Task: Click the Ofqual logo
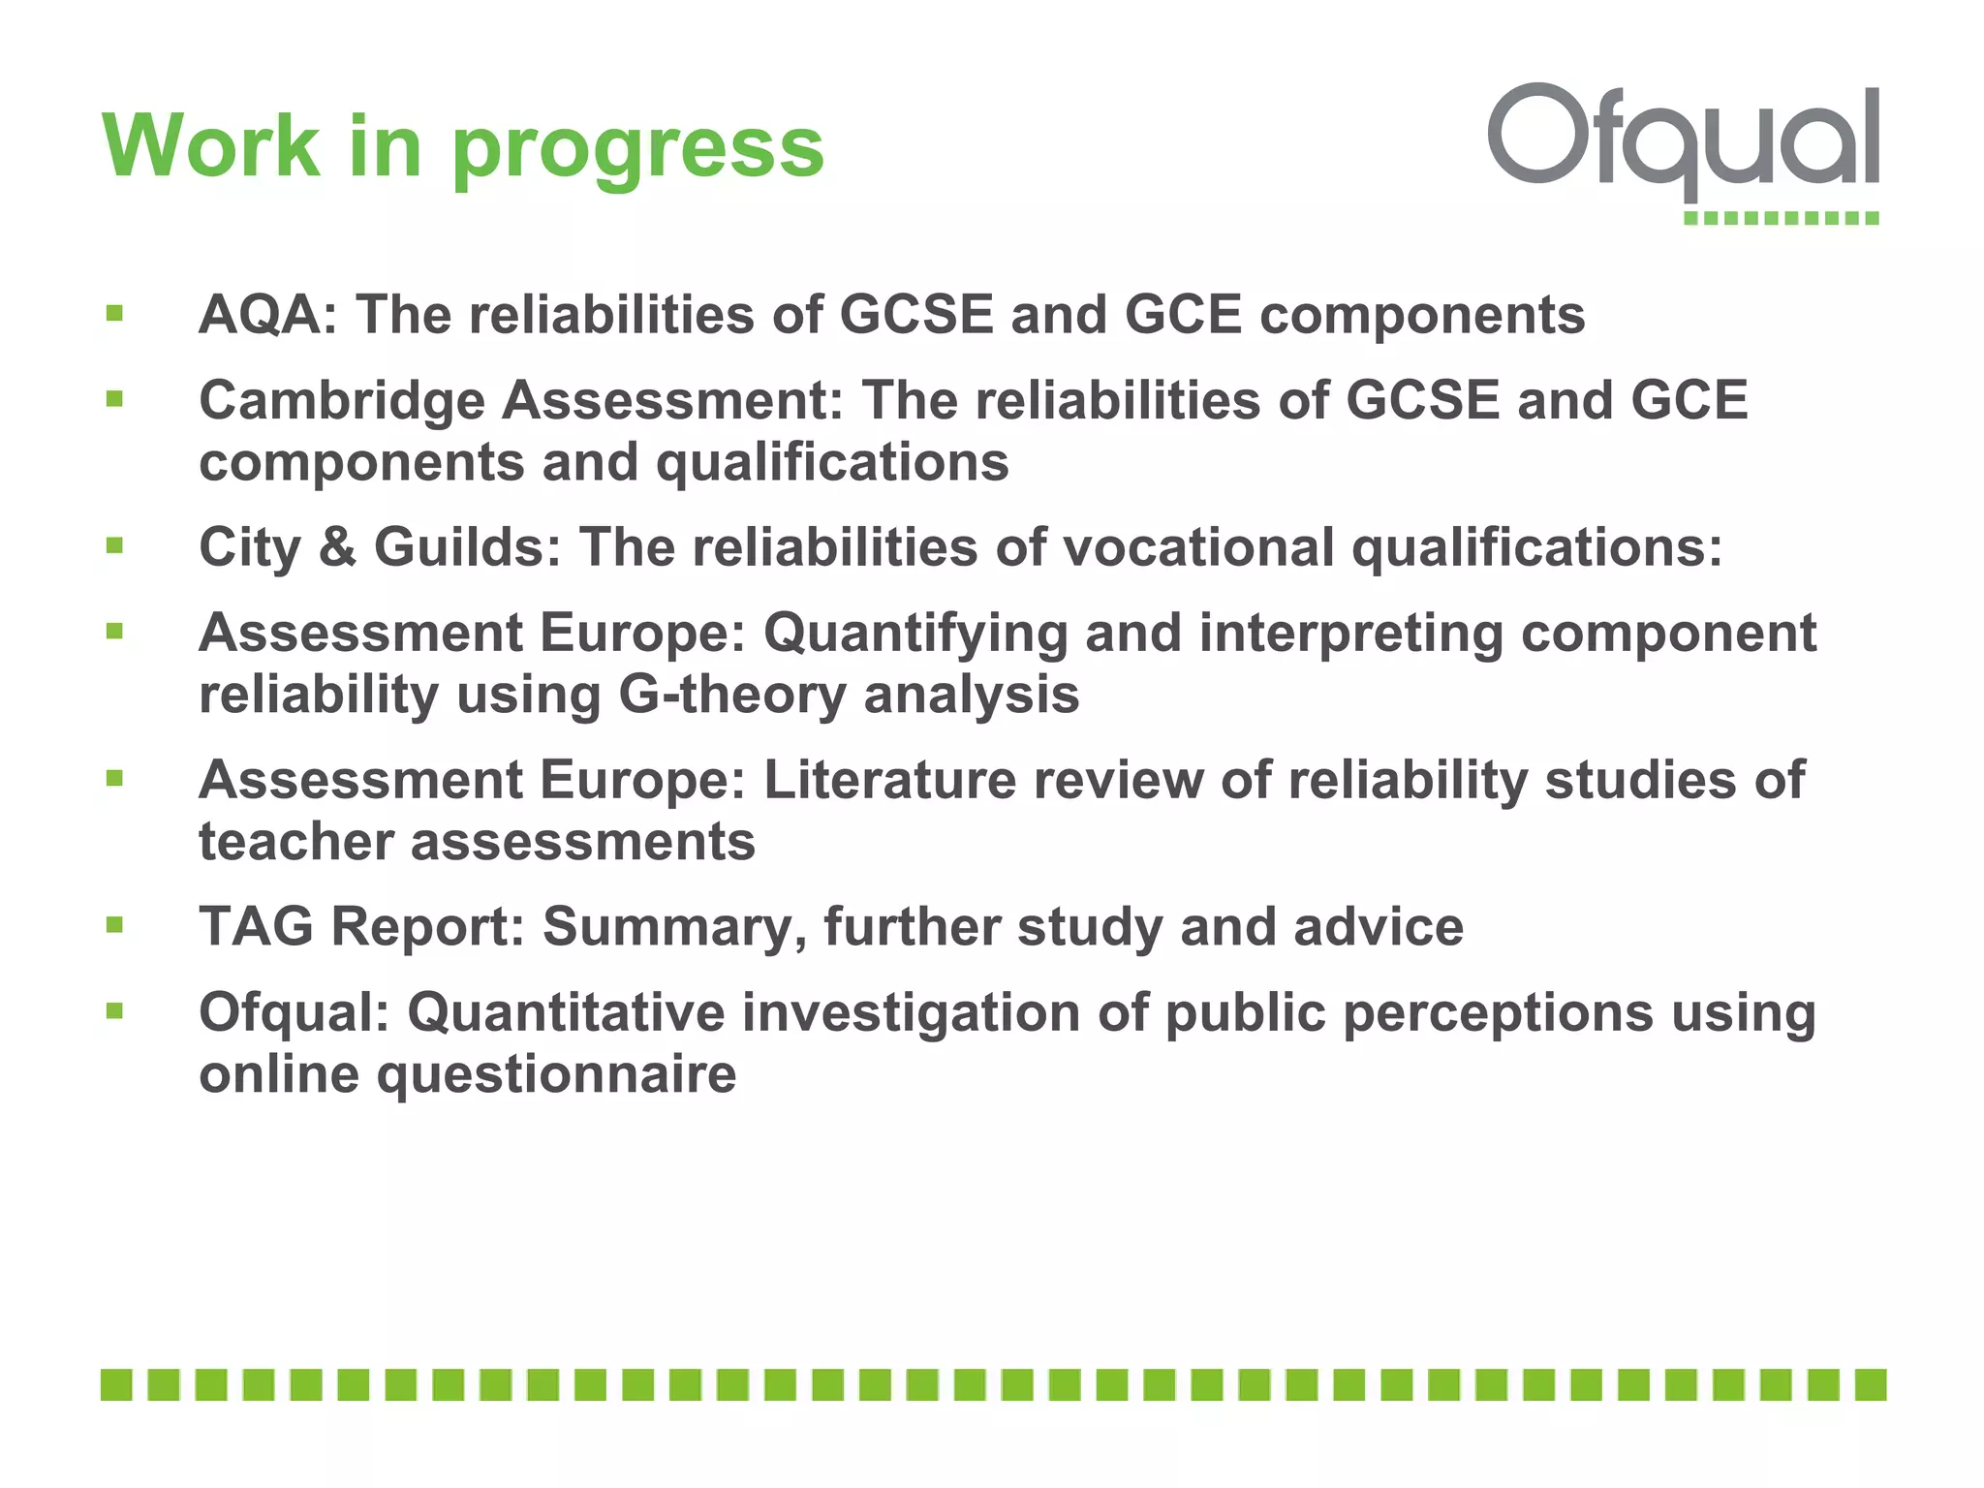(x=1684, y=150)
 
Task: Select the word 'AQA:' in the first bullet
(x=268, y=315)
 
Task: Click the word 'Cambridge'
(x=341, y=402)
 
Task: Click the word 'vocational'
(x=1199, y=547)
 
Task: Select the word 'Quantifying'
(x=914, y=634)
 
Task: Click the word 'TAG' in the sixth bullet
(x=256, y=927)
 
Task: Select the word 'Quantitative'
(x=566, y=1013)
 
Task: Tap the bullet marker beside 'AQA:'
(x=115, y=313)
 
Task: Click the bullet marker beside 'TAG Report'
(x=115, y=925)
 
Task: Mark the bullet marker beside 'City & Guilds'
(x=115, y=545)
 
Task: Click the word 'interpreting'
(x=1350, y=634)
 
